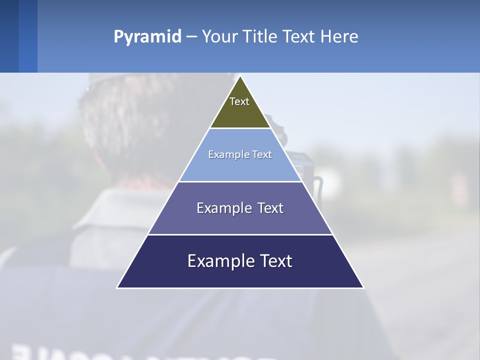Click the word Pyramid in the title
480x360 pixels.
147,37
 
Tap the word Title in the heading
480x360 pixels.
261,36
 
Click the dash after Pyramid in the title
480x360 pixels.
191,37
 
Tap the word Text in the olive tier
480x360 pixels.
239,101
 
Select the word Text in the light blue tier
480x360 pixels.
262,154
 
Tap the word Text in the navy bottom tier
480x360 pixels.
276,261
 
